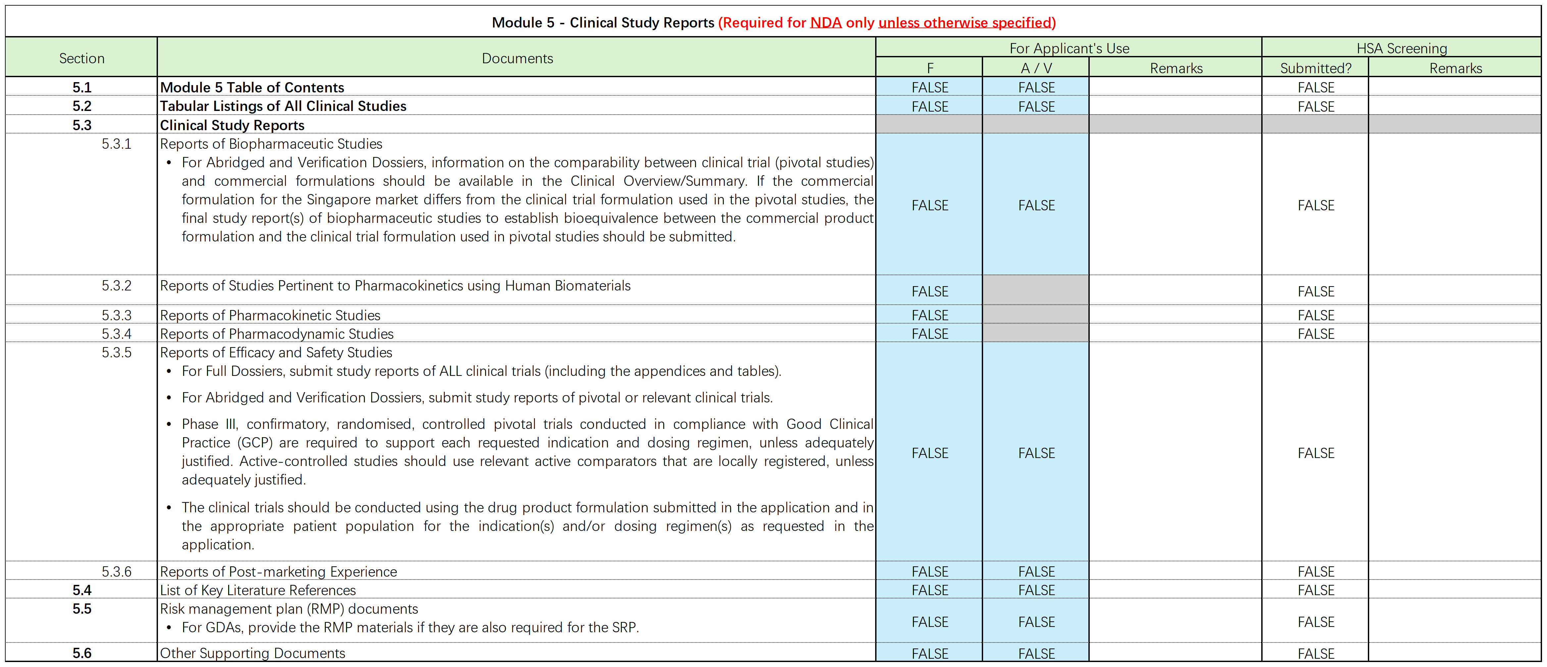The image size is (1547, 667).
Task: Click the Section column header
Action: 82,58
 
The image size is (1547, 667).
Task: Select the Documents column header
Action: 517,58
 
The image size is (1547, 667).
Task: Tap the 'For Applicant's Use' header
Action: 1069,48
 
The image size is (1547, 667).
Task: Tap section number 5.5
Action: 82,609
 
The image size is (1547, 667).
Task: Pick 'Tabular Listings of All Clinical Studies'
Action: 283,106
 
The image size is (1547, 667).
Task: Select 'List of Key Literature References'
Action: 258,590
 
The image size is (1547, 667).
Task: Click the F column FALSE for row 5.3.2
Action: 930,291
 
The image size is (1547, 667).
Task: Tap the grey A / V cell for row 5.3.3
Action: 1036,315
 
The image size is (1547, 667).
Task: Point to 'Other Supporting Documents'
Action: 252,653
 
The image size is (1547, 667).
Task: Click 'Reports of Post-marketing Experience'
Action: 278,572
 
